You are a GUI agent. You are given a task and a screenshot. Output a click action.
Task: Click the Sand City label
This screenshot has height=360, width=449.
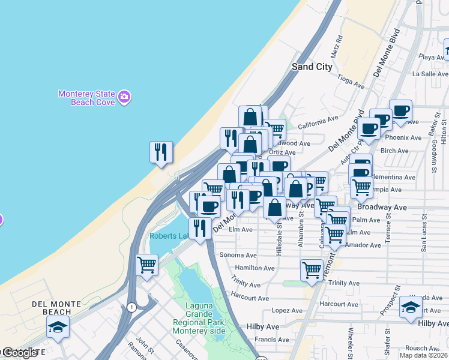312,67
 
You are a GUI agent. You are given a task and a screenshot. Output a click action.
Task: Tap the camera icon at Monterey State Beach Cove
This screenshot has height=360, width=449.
124,97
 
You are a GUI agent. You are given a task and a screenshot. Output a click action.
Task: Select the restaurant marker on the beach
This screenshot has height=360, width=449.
161,152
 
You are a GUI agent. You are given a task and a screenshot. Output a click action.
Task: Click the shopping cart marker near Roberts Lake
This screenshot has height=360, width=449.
147,265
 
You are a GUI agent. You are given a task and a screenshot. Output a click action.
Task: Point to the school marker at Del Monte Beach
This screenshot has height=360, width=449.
58,328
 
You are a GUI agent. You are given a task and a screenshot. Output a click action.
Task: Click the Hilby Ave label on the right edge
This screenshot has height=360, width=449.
433,323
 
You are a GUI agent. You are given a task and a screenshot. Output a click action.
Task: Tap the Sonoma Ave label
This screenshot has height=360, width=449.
238,255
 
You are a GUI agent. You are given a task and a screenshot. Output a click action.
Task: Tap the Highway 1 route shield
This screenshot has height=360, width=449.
131,307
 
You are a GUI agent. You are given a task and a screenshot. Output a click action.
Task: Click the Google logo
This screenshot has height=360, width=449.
20,353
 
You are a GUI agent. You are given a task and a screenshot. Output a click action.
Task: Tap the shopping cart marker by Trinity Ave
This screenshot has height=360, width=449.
312,270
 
